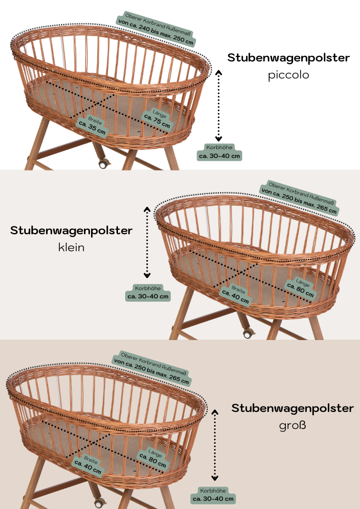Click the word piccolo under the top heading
click(x=288, y=75)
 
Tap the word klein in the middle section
click(x=71, y=247)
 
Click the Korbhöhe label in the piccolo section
click(x=220, y=152)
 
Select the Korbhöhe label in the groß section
click(x=213, y=495)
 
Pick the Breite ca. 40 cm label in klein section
click(x=236, y=295)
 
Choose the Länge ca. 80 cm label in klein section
click(x=301, y=289)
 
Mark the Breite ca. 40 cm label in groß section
click(x=88, y=465)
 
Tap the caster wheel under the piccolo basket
click(x=103, y=163)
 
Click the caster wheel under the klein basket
click(x=248, y=333)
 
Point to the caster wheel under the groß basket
click(x=99, y=504)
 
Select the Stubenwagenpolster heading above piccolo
click(x=289, y=58)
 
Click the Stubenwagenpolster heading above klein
click(x=71, y=230)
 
